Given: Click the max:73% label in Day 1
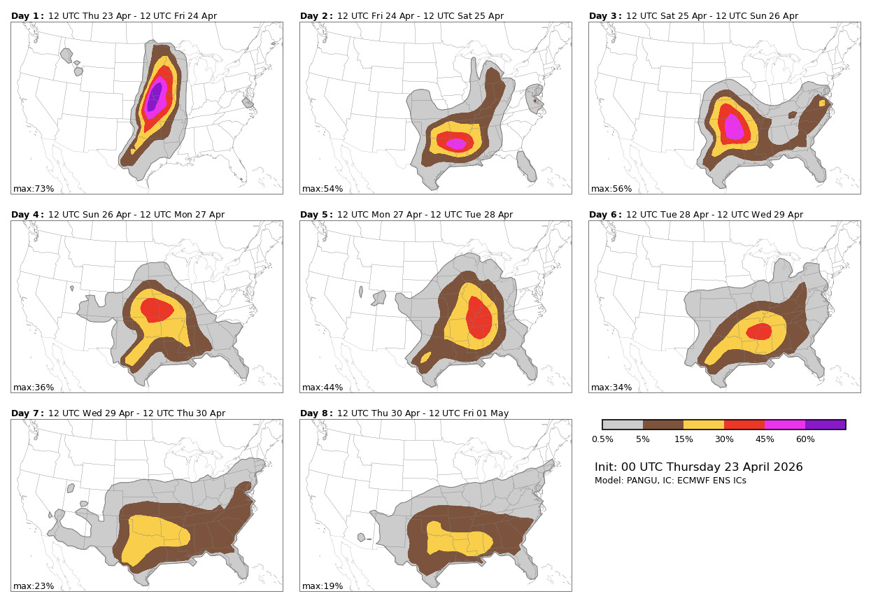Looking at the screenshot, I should coord(34,189).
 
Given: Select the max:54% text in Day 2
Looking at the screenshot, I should coord(323,189).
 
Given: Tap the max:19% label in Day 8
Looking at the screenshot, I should coord(323,586).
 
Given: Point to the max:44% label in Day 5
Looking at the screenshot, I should coord(323,388).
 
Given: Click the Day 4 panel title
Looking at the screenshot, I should coord(118,215).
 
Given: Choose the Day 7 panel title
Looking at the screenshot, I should coord(118,413).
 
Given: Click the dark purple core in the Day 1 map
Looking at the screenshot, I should coord(154,97).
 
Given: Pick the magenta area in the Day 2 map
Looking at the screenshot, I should coord(456,143).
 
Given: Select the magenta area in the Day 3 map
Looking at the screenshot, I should coord(734,127).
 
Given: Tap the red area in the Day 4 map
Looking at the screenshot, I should coord(155,309).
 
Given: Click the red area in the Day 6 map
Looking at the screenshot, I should coord(759,332).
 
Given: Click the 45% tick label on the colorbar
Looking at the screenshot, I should coord(765,439).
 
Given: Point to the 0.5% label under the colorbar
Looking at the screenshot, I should coord(602,439).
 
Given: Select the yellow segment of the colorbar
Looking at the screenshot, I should coord(703,425).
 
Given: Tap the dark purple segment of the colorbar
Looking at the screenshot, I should coord(825,425).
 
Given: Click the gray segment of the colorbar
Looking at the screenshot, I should coord(623,425).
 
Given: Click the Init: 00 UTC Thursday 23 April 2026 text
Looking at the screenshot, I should coord(698,467).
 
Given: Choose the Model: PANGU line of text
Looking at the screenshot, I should coord(670,481).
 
